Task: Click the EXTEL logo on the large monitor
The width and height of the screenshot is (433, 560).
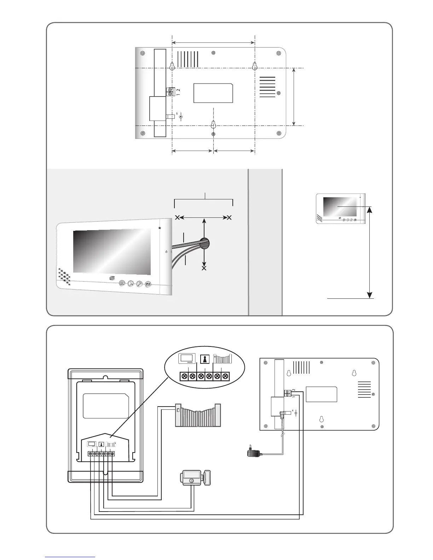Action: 112,278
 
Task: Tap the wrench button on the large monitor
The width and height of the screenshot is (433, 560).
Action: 139,284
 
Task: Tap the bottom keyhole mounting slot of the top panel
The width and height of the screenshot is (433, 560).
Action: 213,125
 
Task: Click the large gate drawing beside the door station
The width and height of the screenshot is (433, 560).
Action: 198,415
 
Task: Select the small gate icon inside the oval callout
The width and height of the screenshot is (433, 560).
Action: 222,359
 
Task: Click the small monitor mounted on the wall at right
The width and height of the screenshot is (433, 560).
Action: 340,209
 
